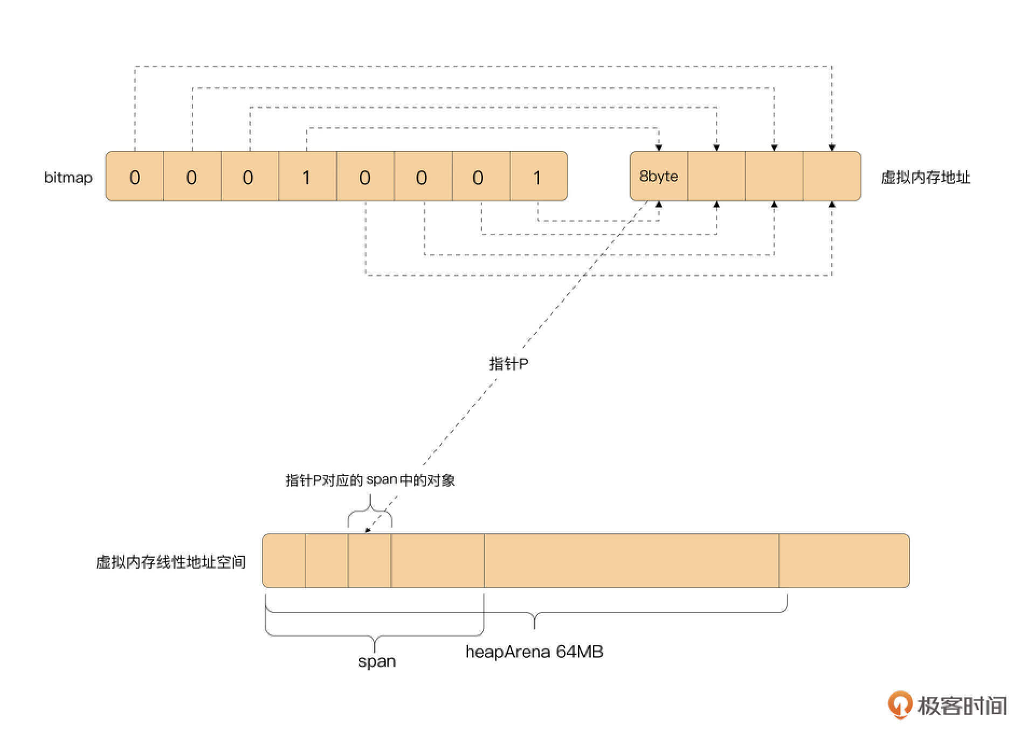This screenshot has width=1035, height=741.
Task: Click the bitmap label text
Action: (x=68, y=177)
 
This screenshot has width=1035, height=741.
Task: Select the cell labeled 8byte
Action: (x=659, y=176)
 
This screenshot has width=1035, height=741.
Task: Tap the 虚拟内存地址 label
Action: (x=925, y=177)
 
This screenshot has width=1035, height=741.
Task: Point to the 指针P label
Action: (x=508, y=364)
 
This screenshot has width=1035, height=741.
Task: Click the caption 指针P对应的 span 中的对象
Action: (x=370, y=480)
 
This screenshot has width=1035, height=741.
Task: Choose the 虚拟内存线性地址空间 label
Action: (x=171, y=562)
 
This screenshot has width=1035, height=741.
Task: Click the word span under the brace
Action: (x=377, y=661)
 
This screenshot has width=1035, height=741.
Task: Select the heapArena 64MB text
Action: (x=534, y=652)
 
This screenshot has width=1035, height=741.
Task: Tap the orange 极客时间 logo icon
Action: (x=900, y=704)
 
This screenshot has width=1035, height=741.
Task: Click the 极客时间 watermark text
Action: (x=962, y=705)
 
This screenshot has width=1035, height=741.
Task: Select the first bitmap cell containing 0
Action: (x=135, y=177)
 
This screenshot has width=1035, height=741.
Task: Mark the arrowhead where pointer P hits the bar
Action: (x=367, y=531)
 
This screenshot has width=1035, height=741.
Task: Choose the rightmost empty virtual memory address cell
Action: (x=832, y=176)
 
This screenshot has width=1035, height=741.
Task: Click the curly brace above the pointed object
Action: (x=370, y=513)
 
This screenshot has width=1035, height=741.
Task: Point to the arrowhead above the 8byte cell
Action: (x=658, y=147)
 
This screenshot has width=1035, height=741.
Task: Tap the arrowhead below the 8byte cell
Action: (x=658, y=205)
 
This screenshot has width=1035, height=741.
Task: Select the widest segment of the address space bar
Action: (x=631, y=561)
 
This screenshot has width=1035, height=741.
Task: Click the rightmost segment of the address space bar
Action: (x=844, y=561)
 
